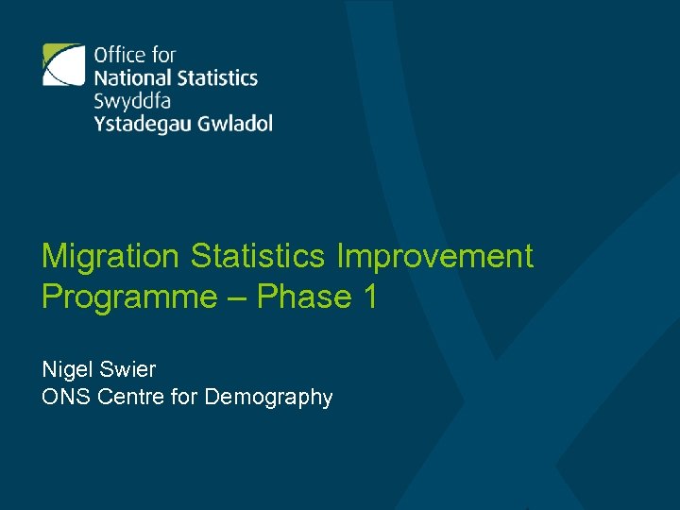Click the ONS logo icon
63,65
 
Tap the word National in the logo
131,77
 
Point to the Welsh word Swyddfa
132,100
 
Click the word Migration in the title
110,256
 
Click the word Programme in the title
129,297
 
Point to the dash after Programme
237,298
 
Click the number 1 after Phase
369,297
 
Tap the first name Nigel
65,368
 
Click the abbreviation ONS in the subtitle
62,398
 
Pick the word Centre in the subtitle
127,398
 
